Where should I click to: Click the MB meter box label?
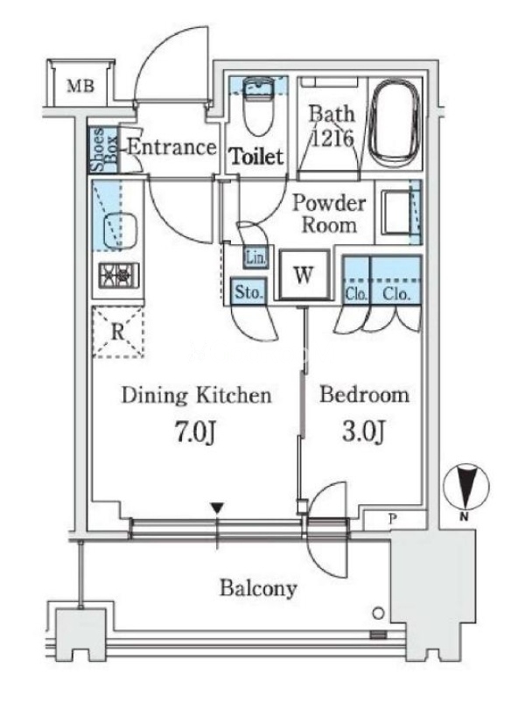(x=80, y=85)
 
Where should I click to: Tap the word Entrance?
(x=172, y=147)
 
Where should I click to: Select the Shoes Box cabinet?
(x=104, y=150)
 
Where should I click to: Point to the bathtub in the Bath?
(x=395, y=123)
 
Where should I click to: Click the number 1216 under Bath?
(x=332, y=138)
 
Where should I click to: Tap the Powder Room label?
(x=329, y=214)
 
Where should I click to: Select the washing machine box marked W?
(x=304, y=274)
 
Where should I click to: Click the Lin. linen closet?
(x=256, y=258)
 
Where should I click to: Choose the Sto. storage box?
(x=248, y=291)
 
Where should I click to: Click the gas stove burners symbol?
(x=119, y=275)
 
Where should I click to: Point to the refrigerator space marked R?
(x=118, y=332)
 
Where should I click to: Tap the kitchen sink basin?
(x=121, y=229)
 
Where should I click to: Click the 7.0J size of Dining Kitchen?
(x=195, y=432)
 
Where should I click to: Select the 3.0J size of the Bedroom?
(x=363, y=431)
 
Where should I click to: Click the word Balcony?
(x=258, y=588)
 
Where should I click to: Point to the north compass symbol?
(x=465, y=488)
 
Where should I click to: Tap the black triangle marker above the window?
(x=217, y=508)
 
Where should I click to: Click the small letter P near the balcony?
(x=393, y=519)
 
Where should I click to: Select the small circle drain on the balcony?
(x=378, y=614)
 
